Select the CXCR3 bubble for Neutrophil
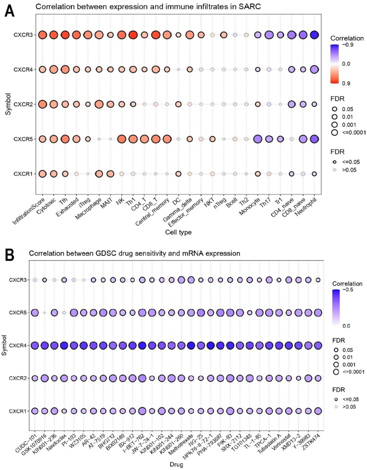click(x=314, y=35)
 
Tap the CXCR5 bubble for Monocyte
click(x=257, y=139)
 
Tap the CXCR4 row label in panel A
click(x=25, y=70)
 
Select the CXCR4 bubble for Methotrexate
click(x=190, y=345)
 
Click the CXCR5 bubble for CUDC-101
click(x=35, y=312)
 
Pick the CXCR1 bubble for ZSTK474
click(x=318, y=411)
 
